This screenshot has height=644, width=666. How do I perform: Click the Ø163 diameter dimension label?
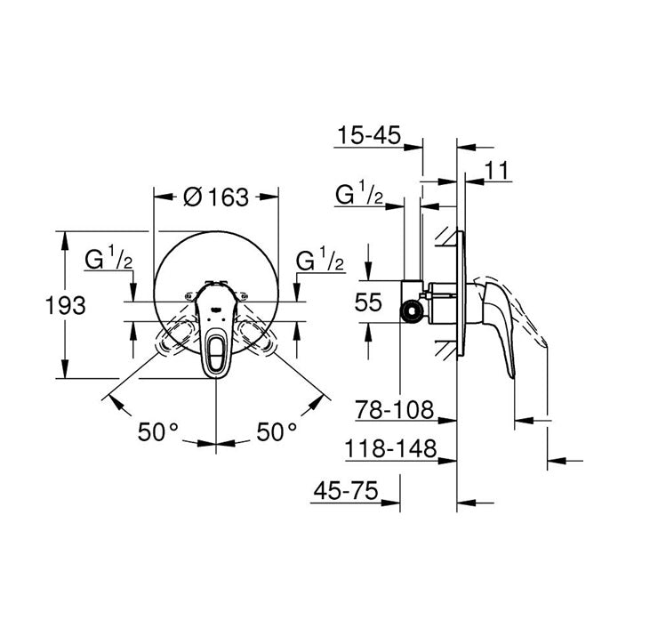tap(216, 198)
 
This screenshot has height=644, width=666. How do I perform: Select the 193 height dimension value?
tap(66, 305)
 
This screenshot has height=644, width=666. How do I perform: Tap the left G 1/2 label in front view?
tap(108, 261)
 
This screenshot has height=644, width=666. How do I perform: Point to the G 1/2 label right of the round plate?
tap(320, 261)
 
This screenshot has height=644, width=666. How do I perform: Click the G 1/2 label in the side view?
tap(359, 195)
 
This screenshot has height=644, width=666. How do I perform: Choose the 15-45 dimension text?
tap(369, 136)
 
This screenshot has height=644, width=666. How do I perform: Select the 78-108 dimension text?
tap(394, 409)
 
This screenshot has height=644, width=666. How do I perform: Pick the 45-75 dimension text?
tap(346, 489)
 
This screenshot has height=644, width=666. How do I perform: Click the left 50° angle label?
tap(158, 432)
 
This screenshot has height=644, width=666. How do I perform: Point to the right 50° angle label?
tap(277, 432)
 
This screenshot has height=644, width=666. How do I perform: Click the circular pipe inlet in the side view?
tap(411, 310)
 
